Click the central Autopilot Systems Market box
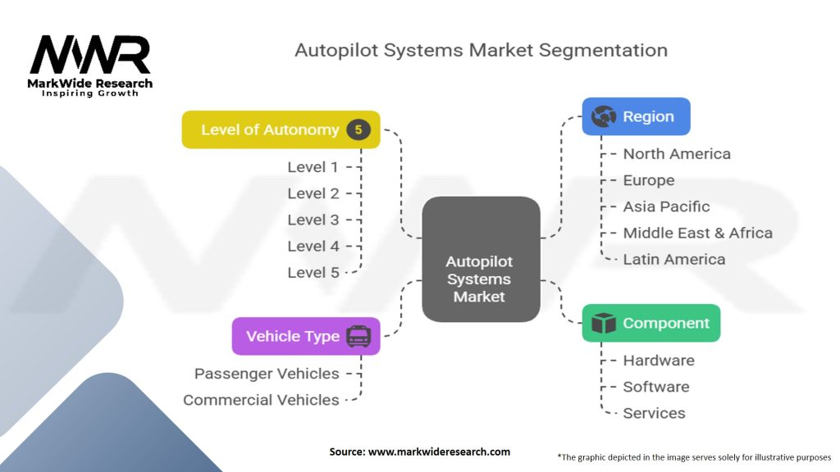point(480,259)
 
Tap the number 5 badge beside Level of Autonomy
point(358,129)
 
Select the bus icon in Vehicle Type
point(358,336)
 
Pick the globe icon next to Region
point(604,116)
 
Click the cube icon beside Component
point(604,323)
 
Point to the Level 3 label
point(313,220)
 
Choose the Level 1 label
point(313,167)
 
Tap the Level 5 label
point(313,272)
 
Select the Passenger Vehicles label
point(267,374)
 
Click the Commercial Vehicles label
point(261,400)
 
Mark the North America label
point(677,154)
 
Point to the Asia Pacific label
point(666,206)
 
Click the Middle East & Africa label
point(697,233)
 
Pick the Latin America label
point(674,259)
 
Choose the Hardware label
point(659,361)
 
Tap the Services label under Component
point(654,413)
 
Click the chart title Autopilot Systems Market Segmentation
point(481,50)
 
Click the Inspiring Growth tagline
point(90,93)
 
